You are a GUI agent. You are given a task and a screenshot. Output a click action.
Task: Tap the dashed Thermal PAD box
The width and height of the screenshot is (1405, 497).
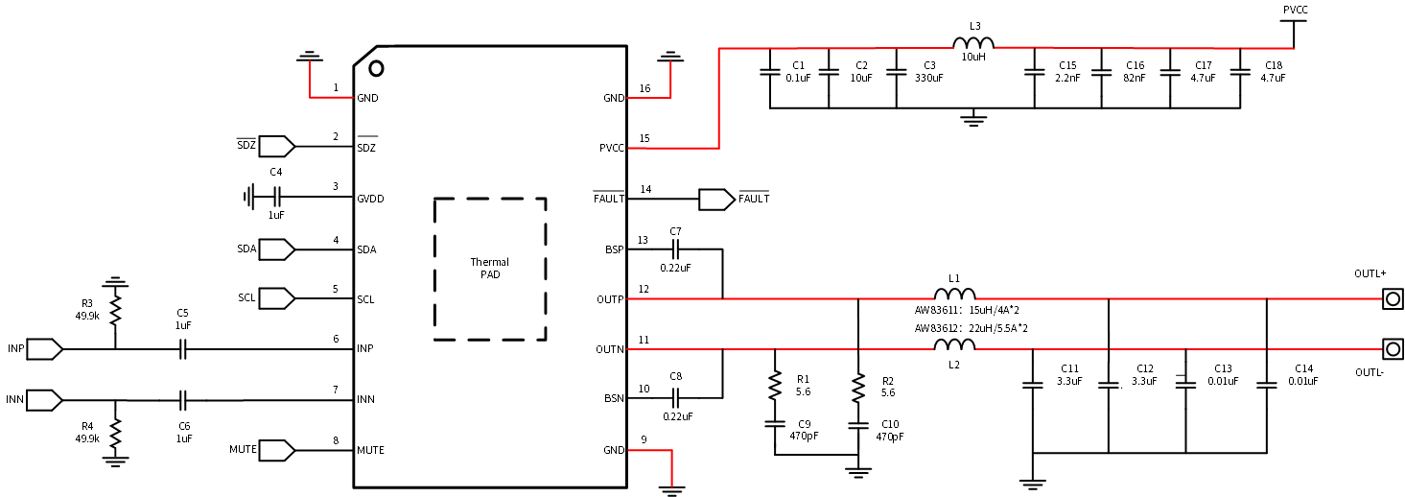pos(490,199)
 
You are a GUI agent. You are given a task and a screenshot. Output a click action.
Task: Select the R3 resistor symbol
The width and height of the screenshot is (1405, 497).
pos(115,310)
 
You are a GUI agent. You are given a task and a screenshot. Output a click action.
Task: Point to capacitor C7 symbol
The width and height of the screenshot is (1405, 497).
pos(675,249)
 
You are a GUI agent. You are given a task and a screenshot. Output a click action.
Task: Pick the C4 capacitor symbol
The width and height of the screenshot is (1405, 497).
pos(276,197)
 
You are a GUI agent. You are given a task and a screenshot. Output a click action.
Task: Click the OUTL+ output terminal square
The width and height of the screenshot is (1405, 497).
pos(1393,298)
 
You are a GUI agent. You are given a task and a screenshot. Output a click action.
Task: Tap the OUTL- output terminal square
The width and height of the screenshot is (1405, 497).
pos(1393,349)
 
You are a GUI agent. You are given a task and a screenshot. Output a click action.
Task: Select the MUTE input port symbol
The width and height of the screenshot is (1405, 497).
pos(276,450)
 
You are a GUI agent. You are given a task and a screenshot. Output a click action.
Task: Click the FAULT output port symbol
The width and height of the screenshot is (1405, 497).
pos(717,200)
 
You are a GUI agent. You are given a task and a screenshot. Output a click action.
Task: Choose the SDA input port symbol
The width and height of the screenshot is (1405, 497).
pos(276,249)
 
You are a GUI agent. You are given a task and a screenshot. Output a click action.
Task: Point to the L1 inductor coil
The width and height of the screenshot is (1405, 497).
pos(954,294)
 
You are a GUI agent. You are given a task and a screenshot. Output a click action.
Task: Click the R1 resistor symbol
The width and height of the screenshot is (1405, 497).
pos(775,386)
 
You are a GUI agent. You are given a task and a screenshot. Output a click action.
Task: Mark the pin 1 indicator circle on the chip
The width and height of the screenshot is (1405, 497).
pos(376,68)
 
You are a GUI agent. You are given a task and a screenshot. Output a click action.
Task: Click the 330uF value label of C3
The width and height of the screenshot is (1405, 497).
pos(929,78)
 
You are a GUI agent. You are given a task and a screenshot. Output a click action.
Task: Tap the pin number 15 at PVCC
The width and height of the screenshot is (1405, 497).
pos(644,138)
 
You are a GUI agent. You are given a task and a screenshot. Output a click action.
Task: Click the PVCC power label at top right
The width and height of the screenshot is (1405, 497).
pos(1296,10)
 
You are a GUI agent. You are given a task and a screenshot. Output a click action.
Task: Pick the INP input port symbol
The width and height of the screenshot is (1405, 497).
pos(45,349)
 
